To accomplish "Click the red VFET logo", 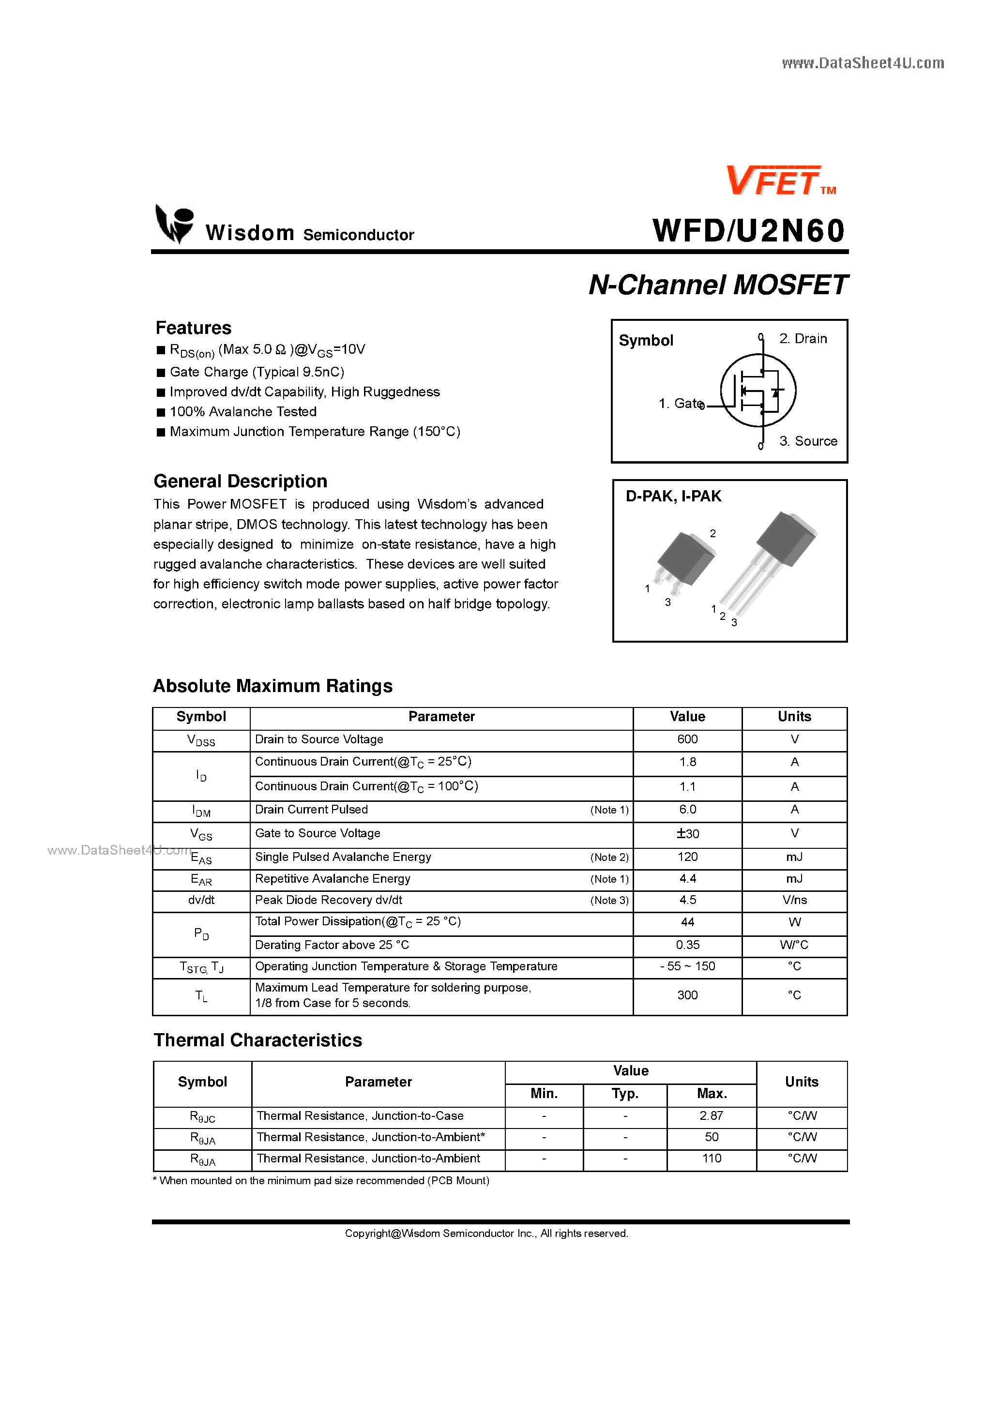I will coord(774,181).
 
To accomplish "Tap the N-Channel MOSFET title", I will coord(718,285).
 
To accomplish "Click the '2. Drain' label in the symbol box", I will coord(802,339).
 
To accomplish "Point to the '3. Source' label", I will coord(808,441).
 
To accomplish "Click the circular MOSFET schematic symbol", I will coord(758,390).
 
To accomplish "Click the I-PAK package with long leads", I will coord(771,558).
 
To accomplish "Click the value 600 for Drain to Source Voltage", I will coord(687,739).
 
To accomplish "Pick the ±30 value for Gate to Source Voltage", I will coord(687,834).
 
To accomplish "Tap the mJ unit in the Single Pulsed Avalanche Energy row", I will coord(794,857).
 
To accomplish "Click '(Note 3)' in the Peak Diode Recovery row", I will coord(609,901).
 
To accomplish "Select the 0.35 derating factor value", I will coord(687,945).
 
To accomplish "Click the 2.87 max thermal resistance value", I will coord(711,1115).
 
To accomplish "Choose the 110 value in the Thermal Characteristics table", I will coord(711,1159).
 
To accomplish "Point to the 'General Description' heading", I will coord(241,482).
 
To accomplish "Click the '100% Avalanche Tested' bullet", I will coord(243,412).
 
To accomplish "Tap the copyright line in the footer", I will coord(486,1233).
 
